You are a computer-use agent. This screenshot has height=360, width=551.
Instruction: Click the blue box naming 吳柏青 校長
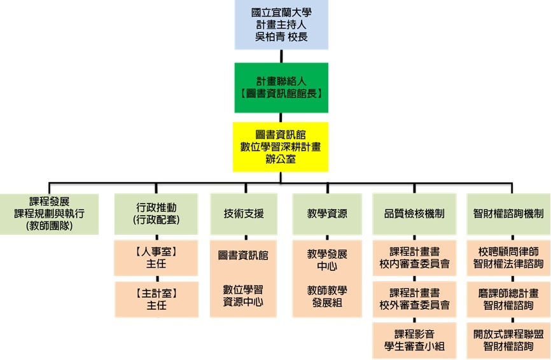click(x=281, y=25)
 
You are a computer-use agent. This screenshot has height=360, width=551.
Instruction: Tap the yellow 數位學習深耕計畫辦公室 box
click(x=281, y=147)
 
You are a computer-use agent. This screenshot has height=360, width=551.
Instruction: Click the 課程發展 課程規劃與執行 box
click(x=48, y=214)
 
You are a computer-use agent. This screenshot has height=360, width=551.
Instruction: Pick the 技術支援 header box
click(x=243, y=214)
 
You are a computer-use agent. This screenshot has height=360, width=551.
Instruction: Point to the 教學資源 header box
click(x=327, y=214)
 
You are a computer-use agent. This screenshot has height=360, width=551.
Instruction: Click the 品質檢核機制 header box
click(x=414, y=214)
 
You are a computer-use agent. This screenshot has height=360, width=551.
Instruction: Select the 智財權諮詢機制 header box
click(x=508, y=214)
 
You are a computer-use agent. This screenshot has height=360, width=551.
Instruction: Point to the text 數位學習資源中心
click(x=243, y=296)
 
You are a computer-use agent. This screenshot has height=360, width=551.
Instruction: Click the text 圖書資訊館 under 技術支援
click(x=243, y=255)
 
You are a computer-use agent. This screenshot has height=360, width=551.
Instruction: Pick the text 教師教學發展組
click(x=327, y=296)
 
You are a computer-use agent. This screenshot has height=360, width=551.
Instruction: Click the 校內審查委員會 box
click(x=414, y=258)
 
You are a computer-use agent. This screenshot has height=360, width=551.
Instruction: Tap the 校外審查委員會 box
click(x=414, y=299)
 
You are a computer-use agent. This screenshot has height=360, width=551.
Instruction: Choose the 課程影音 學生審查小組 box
click(x=414, y=340)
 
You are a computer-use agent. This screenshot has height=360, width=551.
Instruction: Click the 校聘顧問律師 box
click(x=508, y=258)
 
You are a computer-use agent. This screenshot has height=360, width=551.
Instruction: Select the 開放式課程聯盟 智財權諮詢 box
click(x=508, y=340)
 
